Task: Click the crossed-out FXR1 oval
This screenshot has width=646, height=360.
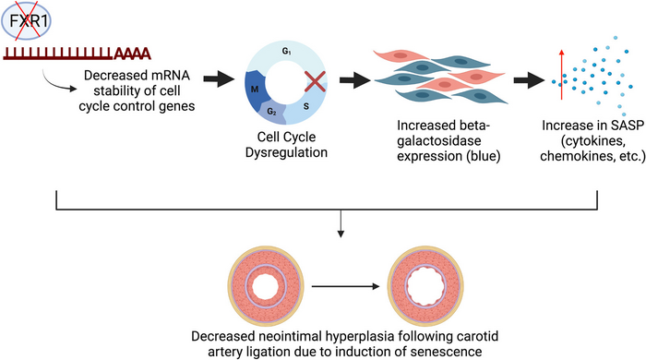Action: [x=27, y=20]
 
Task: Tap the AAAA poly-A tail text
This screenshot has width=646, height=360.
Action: [x=132, y=54]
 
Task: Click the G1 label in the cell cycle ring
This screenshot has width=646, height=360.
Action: [x=287, y=52]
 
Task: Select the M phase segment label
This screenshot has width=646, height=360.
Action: [x=255, y=89]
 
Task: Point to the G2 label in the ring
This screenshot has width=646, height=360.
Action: [x=271, y=112]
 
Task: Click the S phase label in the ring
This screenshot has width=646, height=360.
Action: [x=306, y=106]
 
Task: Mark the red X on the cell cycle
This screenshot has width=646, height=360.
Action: [x=316, y=81]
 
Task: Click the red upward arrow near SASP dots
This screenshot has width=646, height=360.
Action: [x=561, y=75]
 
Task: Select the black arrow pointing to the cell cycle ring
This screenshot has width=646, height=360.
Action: [x=219, y=78]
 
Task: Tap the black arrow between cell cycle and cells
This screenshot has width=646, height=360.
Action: [x=355, y=80]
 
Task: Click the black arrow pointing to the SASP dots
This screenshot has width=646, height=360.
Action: [x=529, y=80]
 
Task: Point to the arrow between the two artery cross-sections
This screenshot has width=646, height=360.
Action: [x=345, y=286]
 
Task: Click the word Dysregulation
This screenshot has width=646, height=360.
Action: [x=286, y=152]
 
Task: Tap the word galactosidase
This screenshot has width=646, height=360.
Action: [x=438, y=141]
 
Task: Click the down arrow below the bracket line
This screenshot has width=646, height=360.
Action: [x=341, y=223]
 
